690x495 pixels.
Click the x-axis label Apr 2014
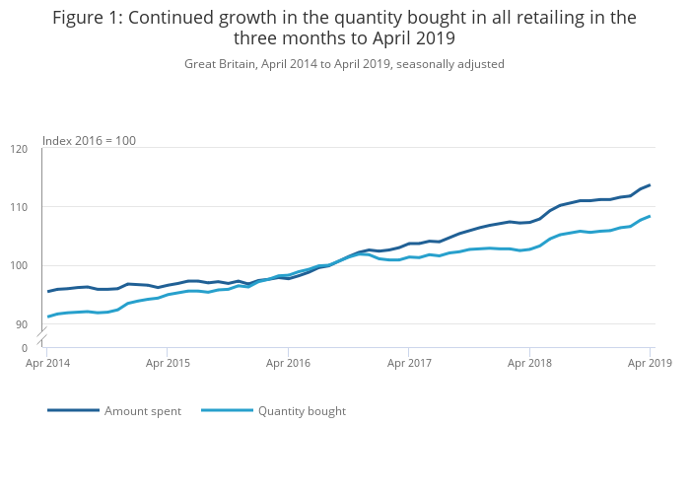(x=46, y=363)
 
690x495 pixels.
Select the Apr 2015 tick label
(x=167, y=363)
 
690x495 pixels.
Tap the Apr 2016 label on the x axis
(x=288, y=363)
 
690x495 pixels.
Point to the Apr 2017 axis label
(x=409, y=363)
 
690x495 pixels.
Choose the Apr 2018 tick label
(x=530, y=363)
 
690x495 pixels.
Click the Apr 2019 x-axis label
(x=650, y=363)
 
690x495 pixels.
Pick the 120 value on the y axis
(x=19, y=149)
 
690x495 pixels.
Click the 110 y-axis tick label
(x=19, y=207)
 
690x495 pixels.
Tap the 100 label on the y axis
(x=19, y=265)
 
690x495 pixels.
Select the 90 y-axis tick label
(x=22, y=323)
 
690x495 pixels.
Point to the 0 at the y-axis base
(x=25, y=348)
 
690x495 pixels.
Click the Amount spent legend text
(x=143, y=411)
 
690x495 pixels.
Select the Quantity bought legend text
(x=302, y=411)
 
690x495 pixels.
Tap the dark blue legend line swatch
(x=73, y=410)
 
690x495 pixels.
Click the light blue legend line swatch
(x=227, y=410)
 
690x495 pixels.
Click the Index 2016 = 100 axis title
(x=89, y=141)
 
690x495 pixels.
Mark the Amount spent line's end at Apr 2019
(x=650, y=185)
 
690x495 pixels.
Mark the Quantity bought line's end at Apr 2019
(x=650, y=216)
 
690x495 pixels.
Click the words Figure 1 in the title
(x=88, y=18)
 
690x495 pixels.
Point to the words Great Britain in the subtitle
(x=219, y=64)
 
